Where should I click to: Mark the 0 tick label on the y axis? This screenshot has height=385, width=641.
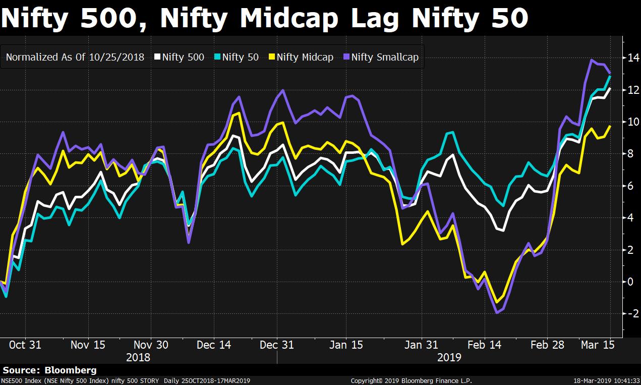pyautogui.click(x=630, y=282)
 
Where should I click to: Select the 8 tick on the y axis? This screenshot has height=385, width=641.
pyautogui.click(x=630, y=154)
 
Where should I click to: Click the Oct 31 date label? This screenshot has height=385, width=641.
pyautogui.click(x=25, y=345)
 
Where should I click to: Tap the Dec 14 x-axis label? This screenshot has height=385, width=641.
pyautogui.click(x=214, y=345)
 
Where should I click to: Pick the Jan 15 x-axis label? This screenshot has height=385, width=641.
pyautogui.click(x=346, y=345)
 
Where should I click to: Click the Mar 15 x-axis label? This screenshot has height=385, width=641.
pyautogui.click(x=597, y=345)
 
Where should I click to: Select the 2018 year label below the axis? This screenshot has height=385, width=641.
pyautogui.click(x=138, y=357)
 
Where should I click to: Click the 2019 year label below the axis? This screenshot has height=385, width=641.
pyautogui.click(x=449, y=357)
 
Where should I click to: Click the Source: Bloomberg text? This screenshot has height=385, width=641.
pyautogui.click(x=49, y=370)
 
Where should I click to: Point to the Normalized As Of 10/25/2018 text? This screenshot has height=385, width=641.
pyautogui.click(x=75, y=57)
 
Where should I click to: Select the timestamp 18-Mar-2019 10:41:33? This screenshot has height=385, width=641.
pyautogui.click(x=607, y=381)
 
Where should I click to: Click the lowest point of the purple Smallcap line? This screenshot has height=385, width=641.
pyautogui.click(x=497, y=313)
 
